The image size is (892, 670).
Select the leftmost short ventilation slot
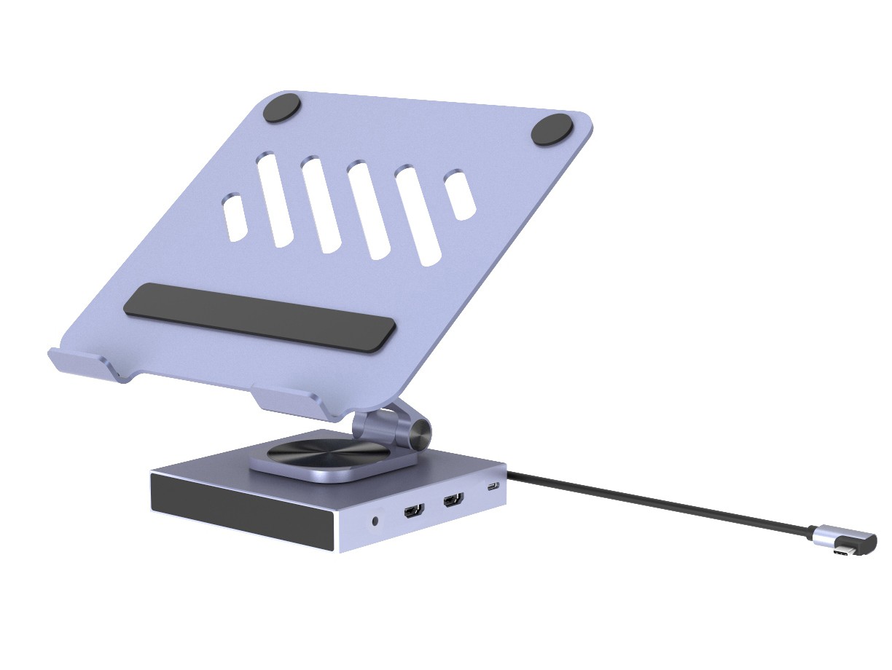tap(235, 217)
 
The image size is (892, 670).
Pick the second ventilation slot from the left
tap(275, 198)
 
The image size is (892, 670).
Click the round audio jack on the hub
tap(376, 521)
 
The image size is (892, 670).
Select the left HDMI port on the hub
tap(413, 511)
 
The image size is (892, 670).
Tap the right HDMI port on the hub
tap(453, 501)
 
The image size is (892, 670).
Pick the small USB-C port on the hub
tap(493, 487)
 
